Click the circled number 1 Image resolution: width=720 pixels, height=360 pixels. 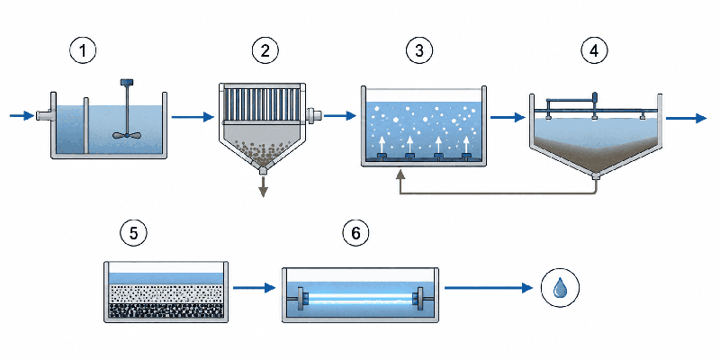(x=83, y=51)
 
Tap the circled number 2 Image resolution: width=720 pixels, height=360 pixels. (x=265, y=51)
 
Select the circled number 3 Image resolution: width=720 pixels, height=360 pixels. (x=418, y=51)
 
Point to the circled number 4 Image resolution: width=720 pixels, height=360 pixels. (x=594, y=51)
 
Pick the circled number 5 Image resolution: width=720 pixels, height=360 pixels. (x=133, y=233)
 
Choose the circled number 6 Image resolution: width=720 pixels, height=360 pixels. (x=355, y=233)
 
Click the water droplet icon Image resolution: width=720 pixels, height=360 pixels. (x=560, y=288)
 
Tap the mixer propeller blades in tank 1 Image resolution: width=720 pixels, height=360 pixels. (x=126, y=135)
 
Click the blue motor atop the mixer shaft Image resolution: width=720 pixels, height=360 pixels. (x=126, y=82)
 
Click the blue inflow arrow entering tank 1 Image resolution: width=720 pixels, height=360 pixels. (x=22, y=116)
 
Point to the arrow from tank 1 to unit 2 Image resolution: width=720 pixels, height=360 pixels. (x=193, y=117)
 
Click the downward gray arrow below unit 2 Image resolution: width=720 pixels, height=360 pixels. (x=263, y=187)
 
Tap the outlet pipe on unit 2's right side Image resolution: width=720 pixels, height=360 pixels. (x=313, y=115)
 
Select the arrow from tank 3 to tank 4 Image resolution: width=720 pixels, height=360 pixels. (x=508, y=118)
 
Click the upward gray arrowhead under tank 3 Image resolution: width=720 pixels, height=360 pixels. (x=400, y=174)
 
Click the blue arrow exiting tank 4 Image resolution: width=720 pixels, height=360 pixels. (x=687, y=118)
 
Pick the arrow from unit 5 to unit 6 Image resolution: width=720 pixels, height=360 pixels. (x=255, y=288)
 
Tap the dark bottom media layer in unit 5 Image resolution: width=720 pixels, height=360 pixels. (x=166, y=310)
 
